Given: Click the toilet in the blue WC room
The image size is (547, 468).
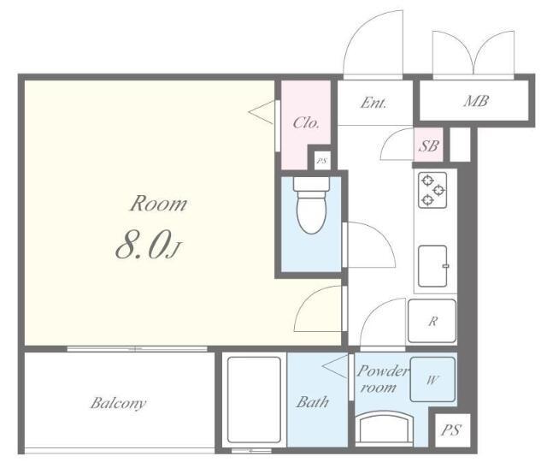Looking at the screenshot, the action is [x=311, y=205].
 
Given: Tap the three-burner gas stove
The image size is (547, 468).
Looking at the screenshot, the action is [x=432, y=190].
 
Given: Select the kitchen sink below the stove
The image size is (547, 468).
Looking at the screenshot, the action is [x=433, y=266].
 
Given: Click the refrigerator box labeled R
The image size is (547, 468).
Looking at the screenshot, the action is [x=432, y=321].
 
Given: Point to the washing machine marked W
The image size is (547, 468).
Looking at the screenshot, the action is [x=432, y=379].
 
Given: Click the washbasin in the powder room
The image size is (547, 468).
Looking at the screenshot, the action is [x=384, y=428].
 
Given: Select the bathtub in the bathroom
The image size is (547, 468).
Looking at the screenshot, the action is [x=254, y=400].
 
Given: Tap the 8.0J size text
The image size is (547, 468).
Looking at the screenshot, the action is [x=148, y=246].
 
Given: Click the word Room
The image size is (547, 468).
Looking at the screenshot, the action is [x=158, y=204].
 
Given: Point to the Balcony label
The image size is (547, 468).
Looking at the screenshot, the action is [x=118, y=403].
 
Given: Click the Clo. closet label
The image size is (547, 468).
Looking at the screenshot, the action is [x=306, y=122].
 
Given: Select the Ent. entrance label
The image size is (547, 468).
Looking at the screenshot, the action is [x=373, y=103].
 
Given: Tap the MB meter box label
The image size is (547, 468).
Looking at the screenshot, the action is [x=476, y=101].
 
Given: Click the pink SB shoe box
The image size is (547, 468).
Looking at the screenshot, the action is [x=429, y=145].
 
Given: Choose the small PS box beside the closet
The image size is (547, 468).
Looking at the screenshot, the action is [x=322, y=161].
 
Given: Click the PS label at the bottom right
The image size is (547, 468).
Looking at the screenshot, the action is [x=451, y=430].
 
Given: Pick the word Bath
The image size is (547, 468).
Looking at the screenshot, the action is [x=313, y=402].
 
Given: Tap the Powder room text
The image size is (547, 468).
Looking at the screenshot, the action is [x=381, y=379].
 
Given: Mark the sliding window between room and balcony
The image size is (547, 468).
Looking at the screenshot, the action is [x=137, y=349].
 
